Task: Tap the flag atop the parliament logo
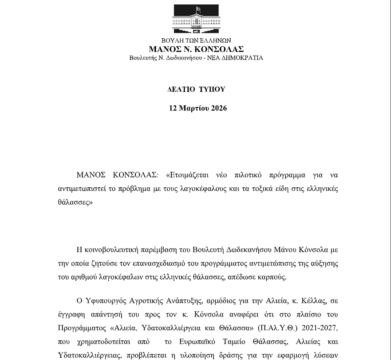point(198,9)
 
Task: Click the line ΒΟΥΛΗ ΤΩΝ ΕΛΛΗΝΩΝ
point(196,41)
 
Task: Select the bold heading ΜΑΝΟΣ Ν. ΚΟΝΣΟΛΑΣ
point(196,49)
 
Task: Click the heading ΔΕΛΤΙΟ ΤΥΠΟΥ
point(196,89)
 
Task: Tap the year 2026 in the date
point(219,108)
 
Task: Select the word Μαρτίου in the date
point(194,108)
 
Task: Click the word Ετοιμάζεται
point(186,174)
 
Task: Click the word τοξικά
point(262,189)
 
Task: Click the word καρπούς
point(272,277)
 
